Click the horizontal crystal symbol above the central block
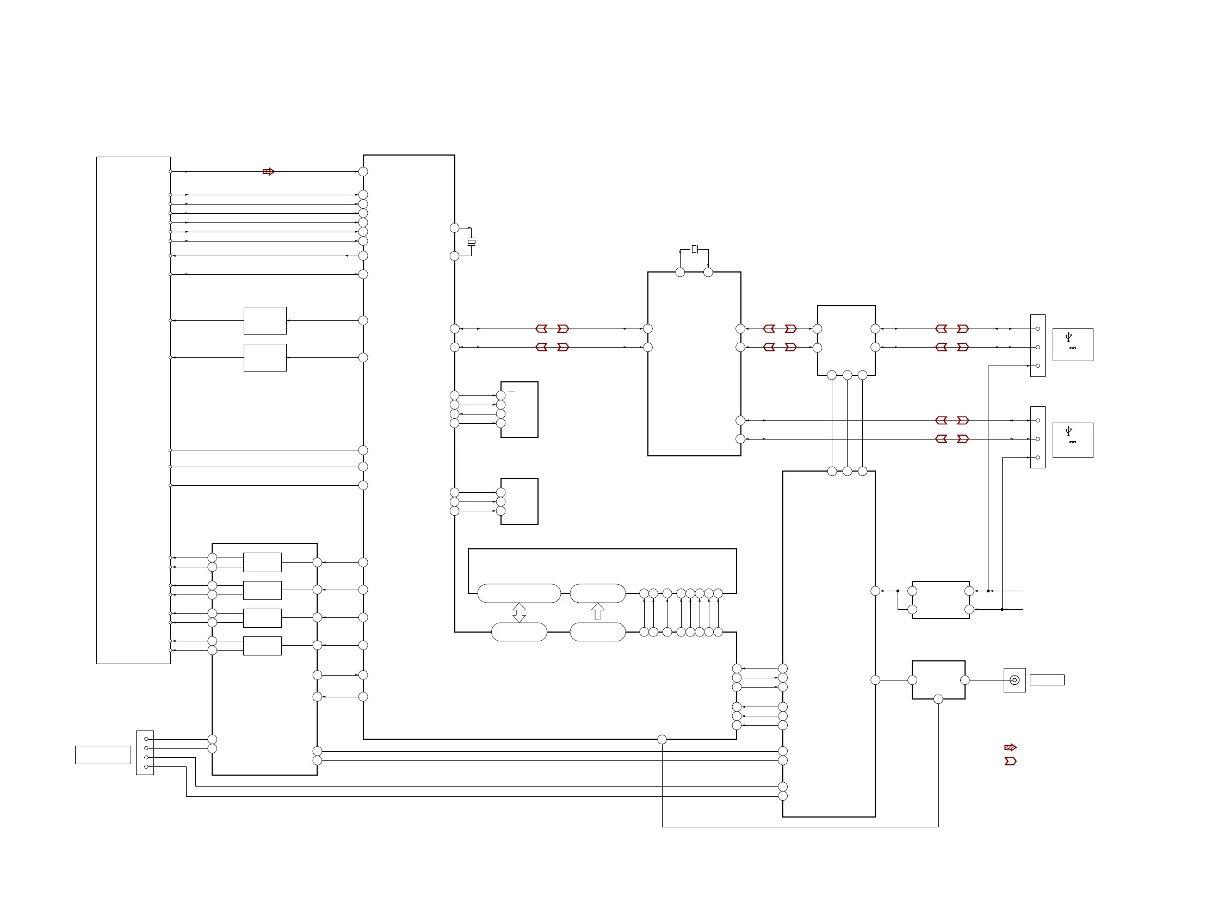click(x=694, y=249)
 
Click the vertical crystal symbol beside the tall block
click(x=471, y=242)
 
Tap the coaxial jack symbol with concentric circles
click(x=1014, y=680)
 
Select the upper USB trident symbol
click(x=1068, y=337)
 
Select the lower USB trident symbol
click(x=1068, y=431)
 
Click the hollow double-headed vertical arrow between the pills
click(x=518, y=612)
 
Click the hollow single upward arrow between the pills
click(x=597, y=611)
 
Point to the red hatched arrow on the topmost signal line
click(x=268, y=172)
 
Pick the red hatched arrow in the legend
click(x=1010, y=747)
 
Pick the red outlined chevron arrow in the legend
click(x=1010, y=762)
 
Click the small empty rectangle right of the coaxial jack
click(x=1046, y=680)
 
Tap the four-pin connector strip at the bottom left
click(x=145, y=752)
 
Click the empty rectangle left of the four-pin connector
click(x=103, y=754)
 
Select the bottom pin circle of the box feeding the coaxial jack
click(x=938, y=699)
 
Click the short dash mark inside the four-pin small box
click(x=511, y=392)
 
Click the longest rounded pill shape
click(x=518, y=593)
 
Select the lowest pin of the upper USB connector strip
click(x=1038, y=366)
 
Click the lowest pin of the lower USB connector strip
click(x=1038, y=457)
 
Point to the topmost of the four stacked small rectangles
click(x=262, y=562)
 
